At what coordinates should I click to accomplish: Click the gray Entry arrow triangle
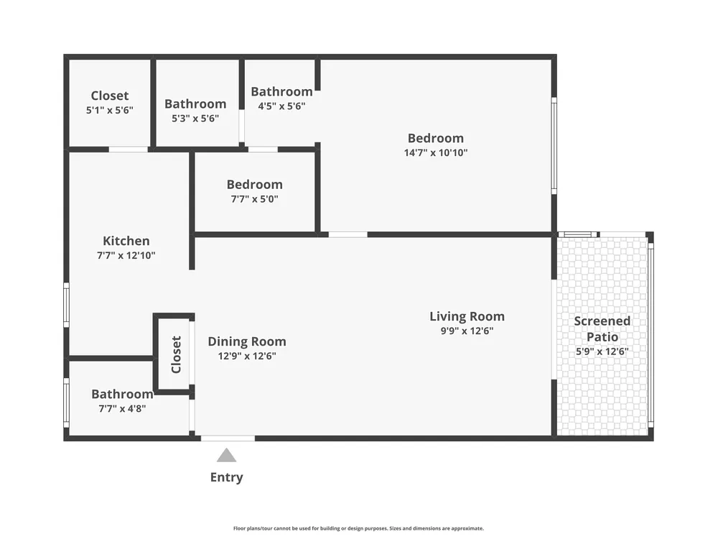[x=227, y=455]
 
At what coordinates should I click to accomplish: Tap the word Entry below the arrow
[x=227, y=477]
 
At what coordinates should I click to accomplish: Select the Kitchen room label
[x=126, y=241]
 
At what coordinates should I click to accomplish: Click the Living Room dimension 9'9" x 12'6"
[x=467, y=331]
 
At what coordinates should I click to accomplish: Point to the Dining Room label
[x=247, y=341]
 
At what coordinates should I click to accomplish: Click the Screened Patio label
[x=602, y=328]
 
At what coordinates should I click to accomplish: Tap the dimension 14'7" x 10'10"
[x=436, y=152]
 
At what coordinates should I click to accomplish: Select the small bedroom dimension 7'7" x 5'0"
[x=255, y=199]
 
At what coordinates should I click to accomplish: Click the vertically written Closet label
[x=177, y=354]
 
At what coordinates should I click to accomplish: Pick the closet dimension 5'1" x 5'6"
[x=110, y=110]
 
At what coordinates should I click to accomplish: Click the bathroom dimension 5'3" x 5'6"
[x=195, y=119]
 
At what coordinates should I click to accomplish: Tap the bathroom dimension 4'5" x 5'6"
[x=281, y=106]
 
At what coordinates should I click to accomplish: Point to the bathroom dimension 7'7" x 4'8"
[x=122, y=408]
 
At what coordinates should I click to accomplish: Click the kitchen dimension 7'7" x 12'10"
[x=126, y=255]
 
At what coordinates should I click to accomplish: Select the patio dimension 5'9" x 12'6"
[x=602, y=351]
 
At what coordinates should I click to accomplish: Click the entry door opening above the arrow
[x=228, y=438]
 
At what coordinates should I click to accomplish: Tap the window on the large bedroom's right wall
[x=554, y=146]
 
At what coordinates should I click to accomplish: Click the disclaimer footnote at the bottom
[x=358, y=528]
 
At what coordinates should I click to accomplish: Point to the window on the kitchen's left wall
[x=66, y=305]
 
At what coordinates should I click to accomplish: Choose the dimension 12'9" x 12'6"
[x=247, y=356]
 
